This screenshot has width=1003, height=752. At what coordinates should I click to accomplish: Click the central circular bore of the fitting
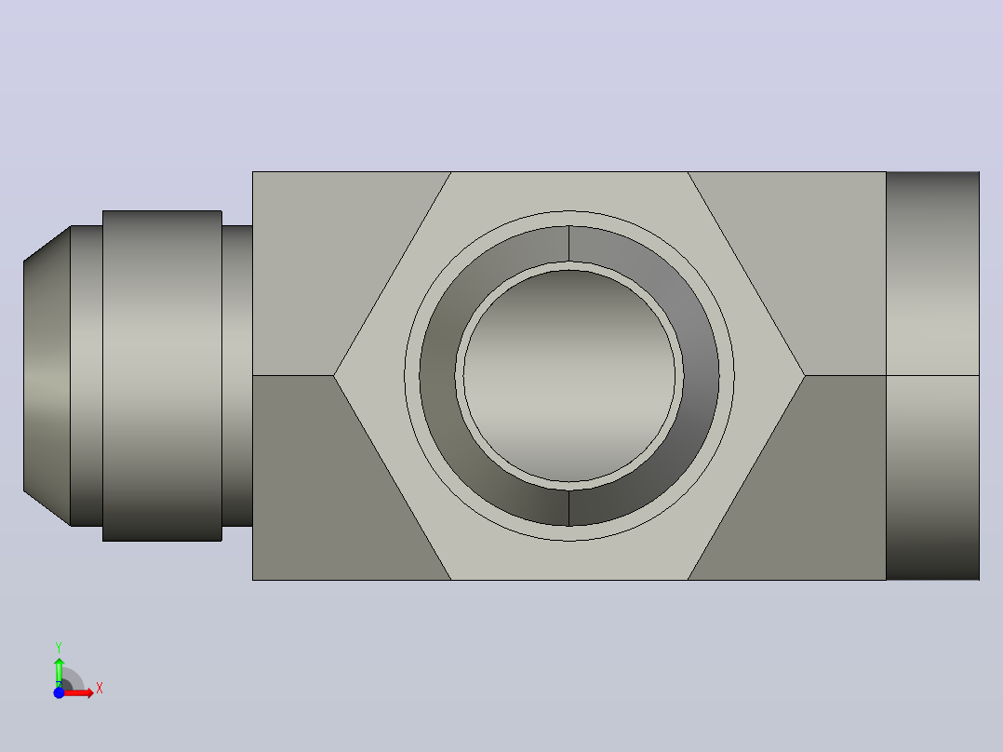569,376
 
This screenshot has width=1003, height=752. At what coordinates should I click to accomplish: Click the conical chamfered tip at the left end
47,376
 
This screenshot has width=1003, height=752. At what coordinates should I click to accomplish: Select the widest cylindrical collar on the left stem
162,376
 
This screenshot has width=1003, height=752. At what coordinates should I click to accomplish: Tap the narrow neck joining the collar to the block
237,376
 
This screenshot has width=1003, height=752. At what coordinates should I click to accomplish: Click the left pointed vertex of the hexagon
334,376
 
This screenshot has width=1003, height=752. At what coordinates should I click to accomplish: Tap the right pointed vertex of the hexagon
805,376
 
